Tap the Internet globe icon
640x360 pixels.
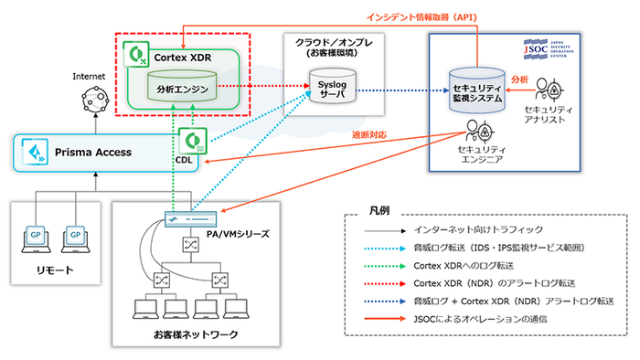[93, 96]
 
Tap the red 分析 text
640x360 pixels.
[519, 79]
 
